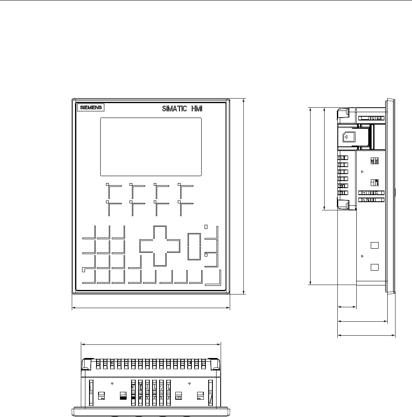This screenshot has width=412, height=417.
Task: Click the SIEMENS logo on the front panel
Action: click(x=91, y=107)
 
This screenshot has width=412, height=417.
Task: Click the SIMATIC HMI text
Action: click(x=182, y=108)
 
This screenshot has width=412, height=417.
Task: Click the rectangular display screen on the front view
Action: click(x=151, y=147)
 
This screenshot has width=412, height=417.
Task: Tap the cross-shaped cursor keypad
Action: click(x=160, y=246)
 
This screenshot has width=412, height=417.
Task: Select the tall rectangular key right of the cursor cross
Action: click(x=194, y=247)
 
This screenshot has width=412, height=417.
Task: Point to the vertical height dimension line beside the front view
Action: click(x=244, y=196)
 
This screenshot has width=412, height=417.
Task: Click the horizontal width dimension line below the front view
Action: click(x=151, y=308)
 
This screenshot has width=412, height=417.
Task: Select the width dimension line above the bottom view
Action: click(x=151, y=344)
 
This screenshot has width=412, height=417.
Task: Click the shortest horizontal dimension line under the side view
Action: click(x=347, y=307)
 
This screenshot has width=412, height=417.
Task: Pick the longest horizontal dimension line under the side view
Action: click(x=366, y=335)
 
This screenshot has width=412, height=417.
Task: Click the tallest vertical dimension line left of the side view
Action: click(x=311, y=196)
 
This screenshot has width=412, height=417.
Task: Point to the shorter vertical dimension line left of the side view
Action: click(x=325, y=159)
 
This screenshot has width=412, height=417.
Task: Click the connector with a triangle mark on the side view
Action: click(x=349, y=137)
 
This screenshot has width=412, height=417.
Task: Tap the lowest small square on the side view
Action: click(x=374, y=267)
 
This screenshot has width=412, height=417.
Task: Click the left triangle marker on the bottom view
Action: click(x=112, y=384)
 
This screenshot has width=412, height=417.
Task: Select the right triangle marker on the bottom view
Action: click(x=189, y=384)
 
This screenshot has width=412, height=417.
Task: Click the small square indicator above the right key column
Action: click(x=206, y=227)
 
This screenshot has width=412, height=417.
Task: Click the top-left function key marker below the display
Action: click(x=107, y=184)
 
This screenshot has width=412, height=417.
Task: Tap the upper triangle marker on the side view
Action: click(x=362, y=172)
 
